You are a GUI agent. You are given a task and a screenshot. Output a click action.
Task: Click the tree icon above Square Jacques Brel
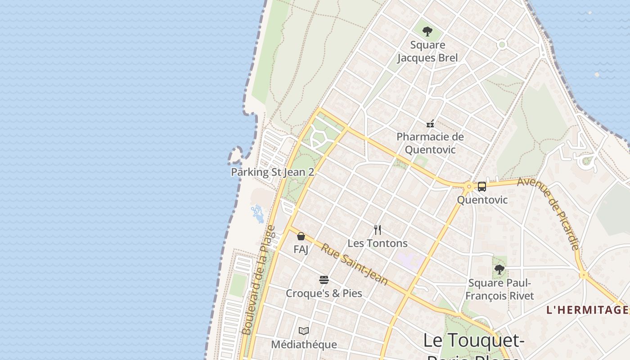coord(427,31)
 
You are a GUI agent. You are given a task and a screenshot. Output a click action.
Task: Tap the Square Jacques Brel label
coord(427,51)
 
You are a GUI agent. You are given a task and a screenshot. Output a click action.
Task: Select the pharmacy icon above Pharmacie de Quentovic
coord(430,123)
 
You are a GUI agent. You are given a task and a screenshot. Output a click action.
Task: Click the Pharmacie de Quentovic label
coord(430,143)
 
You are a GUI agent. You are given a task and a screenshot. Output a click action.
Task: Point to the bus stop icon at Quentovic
coord(482,186)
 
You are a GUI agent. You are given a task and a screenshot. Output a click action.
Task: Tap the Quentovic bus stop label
coord(482,200)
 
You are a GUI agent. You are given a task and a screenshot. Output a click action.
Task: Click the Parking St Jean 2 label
coord(272,172)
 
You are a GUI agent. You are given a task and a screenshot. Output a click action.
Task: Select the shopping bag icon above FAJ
coord(301,236)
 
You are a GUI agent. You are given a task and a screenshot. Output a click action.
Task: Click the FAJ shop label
coord(301,249)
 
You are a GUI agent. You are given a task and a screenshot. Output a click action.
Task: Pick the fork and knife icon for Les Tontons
coord(378,230)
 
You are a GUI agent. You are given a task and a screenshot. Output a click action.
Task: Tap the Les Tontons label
coord(378,243)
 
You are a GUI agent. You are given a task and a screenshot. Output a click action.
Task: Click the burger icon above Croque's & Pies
coord(324,280)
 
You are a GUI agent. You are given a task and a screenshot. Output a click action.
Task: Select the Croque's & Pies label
coord(324,293)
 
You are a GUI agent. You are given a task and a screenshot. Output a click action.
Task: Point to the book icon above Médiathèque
coord(304,331)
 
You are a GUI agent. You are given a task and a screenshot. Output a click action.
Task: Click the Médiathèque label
coord(304,345)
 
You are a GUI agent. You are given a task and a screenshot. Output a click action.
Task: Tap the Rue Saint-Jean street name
coord(354,264)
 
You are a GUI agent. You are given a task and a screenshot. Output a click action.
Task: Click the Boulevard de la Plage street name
coord(258,280)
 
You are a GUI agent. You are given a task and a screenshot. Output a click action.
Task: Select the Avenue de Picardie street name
coord(548,213)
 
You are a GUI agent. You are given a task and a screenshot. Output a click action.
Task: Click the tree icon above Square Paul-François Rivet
coord(499,270)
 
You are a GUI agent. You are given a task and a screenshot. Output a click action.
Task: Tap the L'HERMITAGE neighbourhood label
coord(587,310)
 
